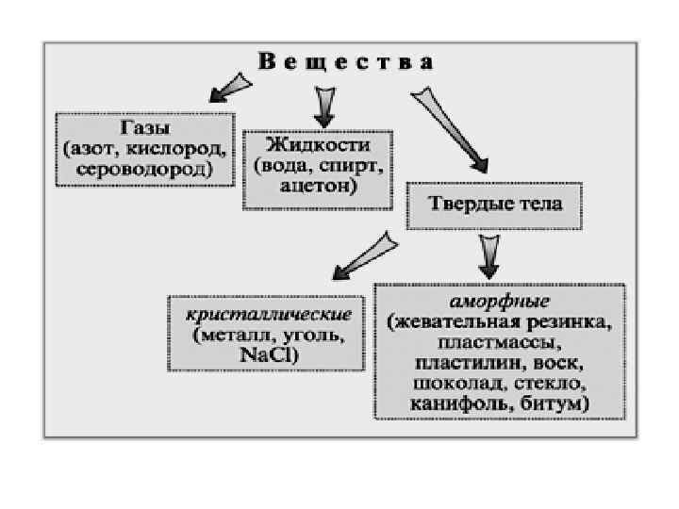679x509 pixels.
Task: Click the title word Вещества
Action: click(347, 63)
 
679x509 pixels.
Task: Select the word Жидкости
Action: click(318, 145)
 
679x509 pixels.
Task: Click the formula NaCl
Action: click(269, 354)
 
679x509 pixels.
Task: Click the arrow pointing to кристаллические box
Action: click(357, 254)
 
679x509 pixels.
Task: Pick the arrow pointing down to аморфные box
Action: click(490, 254)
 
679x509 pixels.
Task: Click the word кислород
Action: click(186, 148)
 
